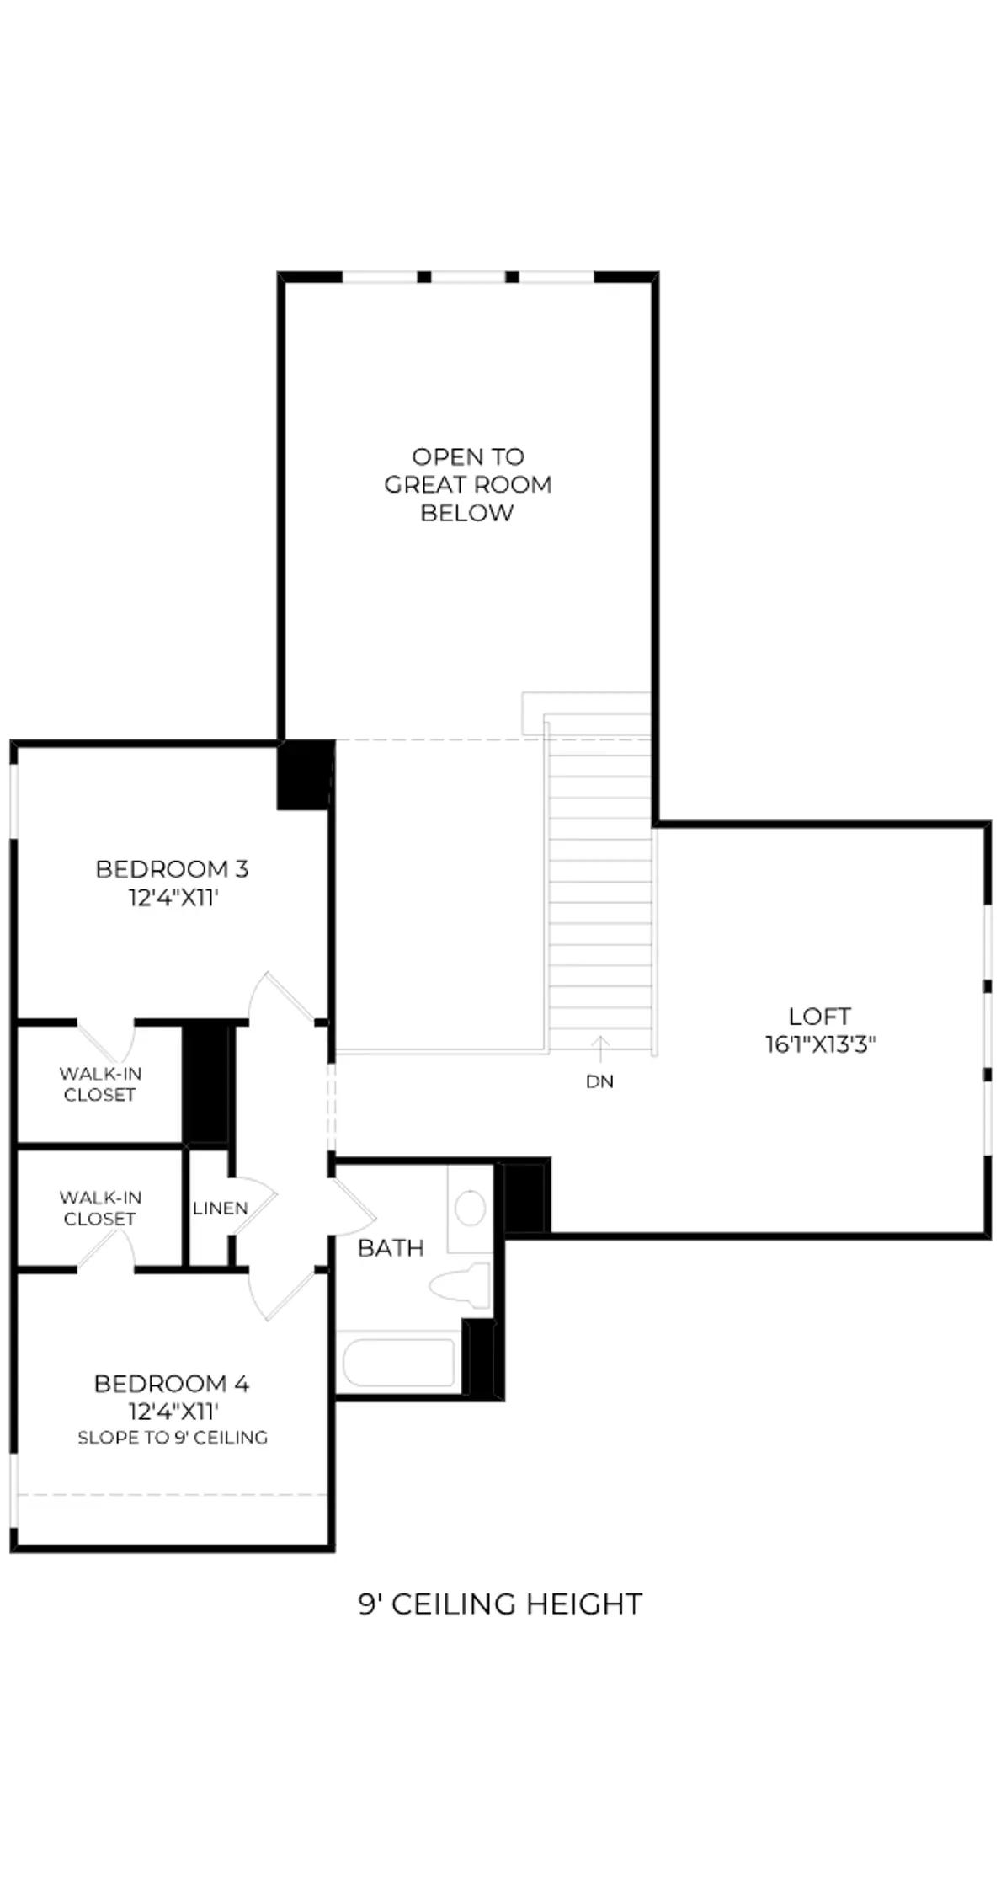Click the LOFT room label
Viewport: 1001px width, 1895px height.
pyautogui.click(x=819, y=1016)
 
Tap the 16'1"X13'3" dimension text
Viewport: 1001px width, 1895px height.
pyautogui.click(x=820, y=1045)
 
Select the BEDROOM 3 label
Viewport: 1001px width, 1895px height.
pyautogui.click(x=172, y=868)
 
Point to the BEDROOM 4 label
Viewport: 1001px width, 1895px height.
pyautogui.click(x=172, y=1383)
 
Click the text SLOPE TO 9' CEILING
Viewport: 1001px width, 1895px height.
pyautogui.click(x=173, y=1438)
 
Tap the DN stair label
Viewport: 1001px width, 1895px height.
pyautogui.click(x=599, y=1081)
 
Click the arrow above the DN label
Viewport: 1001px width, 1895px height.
pyautogui.click(x=599, y=1049)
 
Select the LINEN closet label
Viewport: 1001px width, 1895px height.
pyautogui.click(x=221, y=1208)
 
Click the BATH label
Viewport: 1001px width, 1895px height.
pyautogui.click(x=391, y=1247)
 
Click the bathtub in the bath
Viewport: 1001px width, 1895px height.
pyautogui.click(x=399, y=1362)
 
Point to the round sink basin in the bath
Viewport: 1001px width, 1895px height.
pyautogui.click(x=470, y=1207)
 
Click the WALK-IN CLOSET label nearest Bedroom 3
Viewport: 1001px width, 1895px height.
pyautogui.click(x=100, y=1084)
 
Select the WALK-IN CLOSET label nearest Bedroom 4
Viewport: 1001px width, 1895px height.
pyautogui.click(x=100, y=1208)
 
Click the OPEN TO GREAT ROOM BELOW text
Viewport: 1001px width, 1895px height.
pyautogui.click(x=468, y=484)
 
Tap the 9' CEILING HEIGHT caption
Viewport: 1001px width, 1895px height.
pyautogui.click(x=500, y=1604)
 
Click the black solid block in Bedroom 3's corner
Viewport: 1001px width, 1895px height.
pyautogui.click(x=304, y=775)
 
